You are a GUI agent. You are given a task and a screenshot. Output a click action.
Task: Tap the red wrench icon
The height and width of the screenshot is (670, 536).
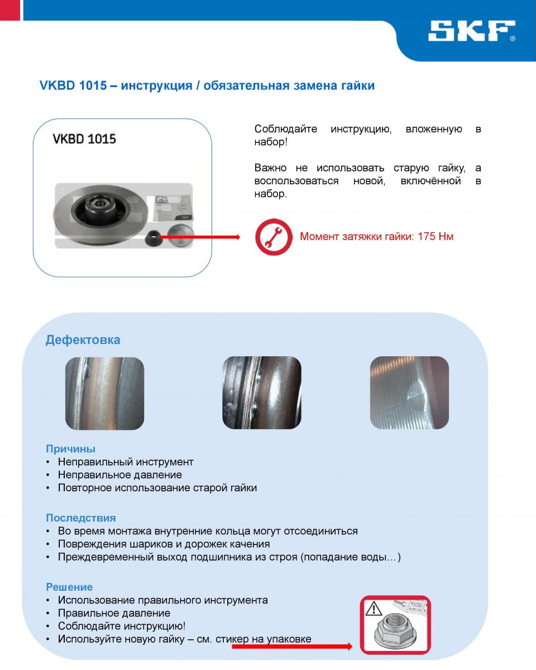tap(274, 237)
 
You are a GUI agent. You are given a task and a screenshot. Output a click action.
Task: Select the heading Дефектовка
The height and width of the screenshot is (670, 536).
tap(83, 340)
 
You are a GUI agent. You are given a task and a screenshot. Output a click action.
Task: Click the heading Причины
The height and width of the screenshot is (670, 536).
tap(70, 449)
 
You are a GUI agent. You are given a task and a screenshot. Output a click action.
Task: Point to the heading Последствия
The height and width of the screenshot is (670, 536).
tap(81, 518)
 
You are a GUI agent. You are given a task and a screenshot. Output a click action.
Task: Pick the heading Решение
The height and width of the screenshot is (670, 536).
tap(69, 587)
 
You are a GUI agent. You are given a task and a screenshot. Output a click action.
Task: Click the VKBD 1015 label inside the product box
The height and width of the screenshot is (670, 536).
tap(84, 139)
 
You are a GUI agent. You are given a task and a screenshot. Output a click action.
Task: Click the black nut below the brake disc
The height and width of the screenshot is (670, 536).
tap(152, 239)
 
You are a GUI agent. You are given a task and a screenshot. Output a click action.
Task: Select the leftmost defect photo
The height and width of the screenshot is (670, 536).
tap(104, 393)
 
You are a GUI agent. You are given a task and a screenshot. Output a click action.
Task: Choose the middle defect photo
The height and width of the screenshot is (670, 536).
tap(262, 393)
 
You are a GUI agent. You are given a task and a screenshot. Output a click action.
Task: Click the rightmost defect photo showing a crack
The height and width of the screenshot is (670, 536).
tap(409, 393)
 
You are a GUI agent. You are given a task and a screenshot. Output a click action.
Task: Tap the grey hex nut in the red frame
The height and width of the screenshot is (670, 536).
tap(394, 633)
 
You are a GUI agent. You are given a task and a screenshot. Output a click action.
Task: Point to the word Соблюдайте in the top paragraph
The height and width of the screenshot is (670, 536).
tap(286, 130)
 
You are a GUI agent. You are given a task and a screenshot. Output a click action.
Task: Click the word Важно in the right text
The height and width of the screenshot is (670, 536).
tap(271, 168)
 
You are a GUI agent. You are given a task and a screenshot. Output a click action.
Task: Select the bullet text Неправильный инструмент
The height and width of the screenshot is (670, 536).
tap(126, 462)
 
